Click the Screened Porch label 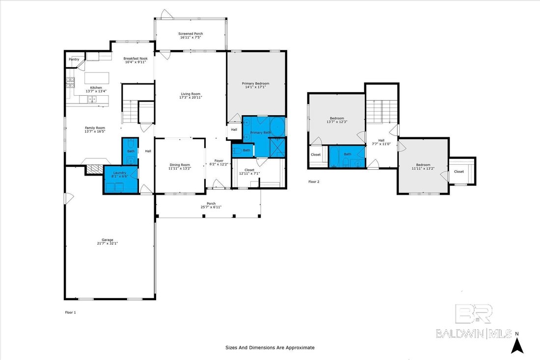pyautogui.click(x=190, y=34)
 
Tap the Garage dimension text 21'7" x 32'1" pyautogui.click(x=108, y=243)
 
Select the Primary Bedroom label pyautogui.click(x=256, y=84)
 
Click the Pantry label pyautogui.click(x=74, y=59)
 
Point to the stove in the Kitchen pyautogui.click(x=70, y=82)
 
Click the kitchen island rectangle pyautogui.click(x=97, y=78)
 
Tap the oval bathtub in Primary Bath pyautogui.click(x=277, y=127)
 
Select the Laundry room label pyautogui.click(x=120, y=173)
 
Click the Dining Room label pyautogui.click(x=180, y=165)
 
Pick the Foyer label pyautogui.click(x=219, y=161)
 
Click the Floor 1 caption pyautogui.click(x=70, y=312)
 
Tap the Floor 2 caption pyautogui.click(x=314, y=182)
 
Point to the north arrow pyautogui.click(x=517, y=345)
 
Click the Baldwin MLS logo pyautogui.click(x=474, y=321)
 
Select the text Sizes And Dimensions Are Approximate pyautogui.click(x=270, y=348)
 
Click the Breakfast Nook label pyautogui.click(x=135, y=58)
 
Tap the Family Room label pyautogui.click(x=95, y=128)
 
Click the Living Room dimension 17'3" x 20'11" pyautogui.click(x=190, y=98)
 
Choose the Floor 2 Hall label pyautogui.click(x=381, y=140)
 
